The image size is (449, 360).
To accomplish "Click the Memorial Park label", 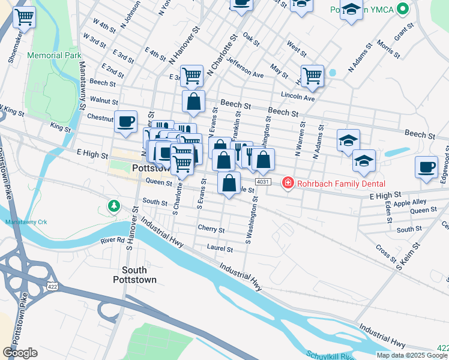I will click(x=54, y=55).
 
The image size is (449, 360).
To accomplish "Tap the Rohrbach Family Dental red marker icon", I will click(x=288, y=182).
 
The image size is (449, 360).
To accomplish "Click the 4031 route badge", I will click(x=262, y=181).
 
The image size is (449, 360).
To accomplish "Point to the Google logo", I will click(x=20, y=353).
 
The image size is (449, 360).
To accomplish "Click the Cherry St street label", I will click(x=211, y=229).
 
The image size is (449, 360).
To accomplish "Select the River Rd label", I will click(x=112, y=241).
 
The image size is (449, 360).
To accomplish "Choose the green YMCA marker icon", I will click(x=403, y=10).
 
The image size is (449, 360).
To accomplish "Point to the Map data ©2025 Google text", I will click(x=412, y=355).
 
